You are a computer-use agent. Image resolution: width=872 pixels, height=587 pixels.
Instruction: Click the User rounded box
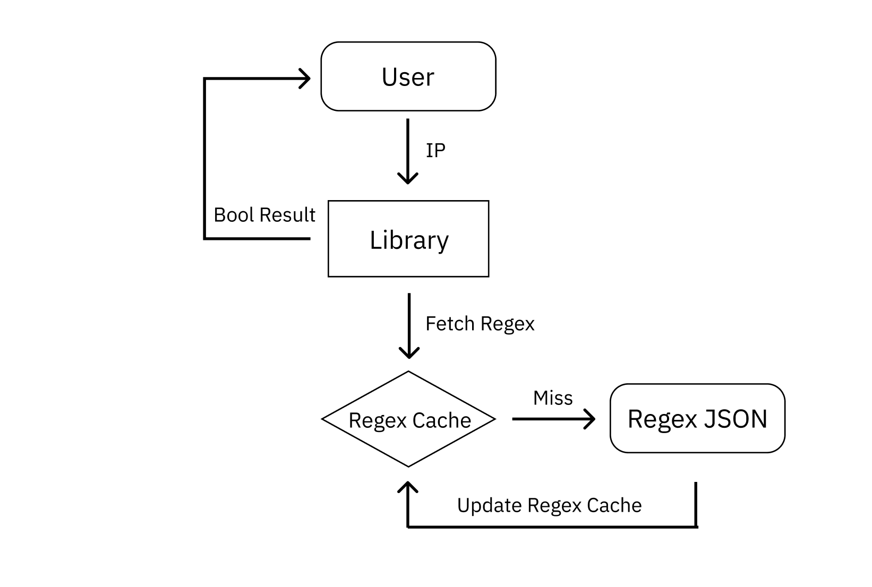(408, 76)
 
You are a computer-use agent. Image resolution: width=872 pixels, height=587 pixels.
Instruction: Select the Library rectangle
(408, 239)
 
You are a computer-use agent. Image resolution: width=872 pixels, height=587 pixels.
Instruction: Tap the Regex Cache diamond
(408, 419)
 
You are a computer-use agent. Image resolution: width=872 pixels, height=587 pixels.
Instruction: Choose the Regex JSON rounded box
(697, 418)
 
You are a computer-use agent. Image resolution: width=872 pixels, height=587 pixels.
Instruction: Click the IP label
(435, 151)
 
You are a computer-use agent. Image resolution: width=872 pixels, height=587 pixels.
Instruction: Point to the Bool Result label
(264, 215)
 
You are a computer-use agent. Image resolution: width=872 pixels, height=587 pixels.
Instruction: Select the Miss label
(553, 398)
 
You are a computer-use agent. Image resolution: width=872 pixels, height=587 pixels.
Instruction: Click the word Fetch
(450, 324)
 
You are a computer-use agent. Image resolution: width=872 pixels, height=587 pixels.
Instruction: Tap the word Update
(489, 505)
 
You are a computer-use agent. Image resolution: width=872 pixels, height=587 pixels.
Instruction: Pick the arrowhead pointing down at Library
(408, 178)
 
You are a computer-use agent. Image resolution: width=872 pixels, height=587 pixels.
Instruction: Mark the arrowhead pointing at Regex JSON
(590, 419)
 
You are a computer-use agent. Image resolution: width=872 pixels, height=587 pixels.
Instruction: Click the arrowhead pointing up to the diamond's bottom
(408, 487)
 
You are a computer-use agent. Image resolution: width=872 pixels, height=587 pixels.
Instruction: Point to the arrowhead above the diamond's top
(409, 352)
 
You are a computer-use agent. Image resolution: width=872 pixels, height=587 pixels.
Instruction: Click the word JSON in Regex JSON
(736, 419)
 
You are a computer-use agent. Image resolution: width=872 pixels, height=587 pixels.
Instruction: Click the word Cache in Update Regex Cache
(614, 505)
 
